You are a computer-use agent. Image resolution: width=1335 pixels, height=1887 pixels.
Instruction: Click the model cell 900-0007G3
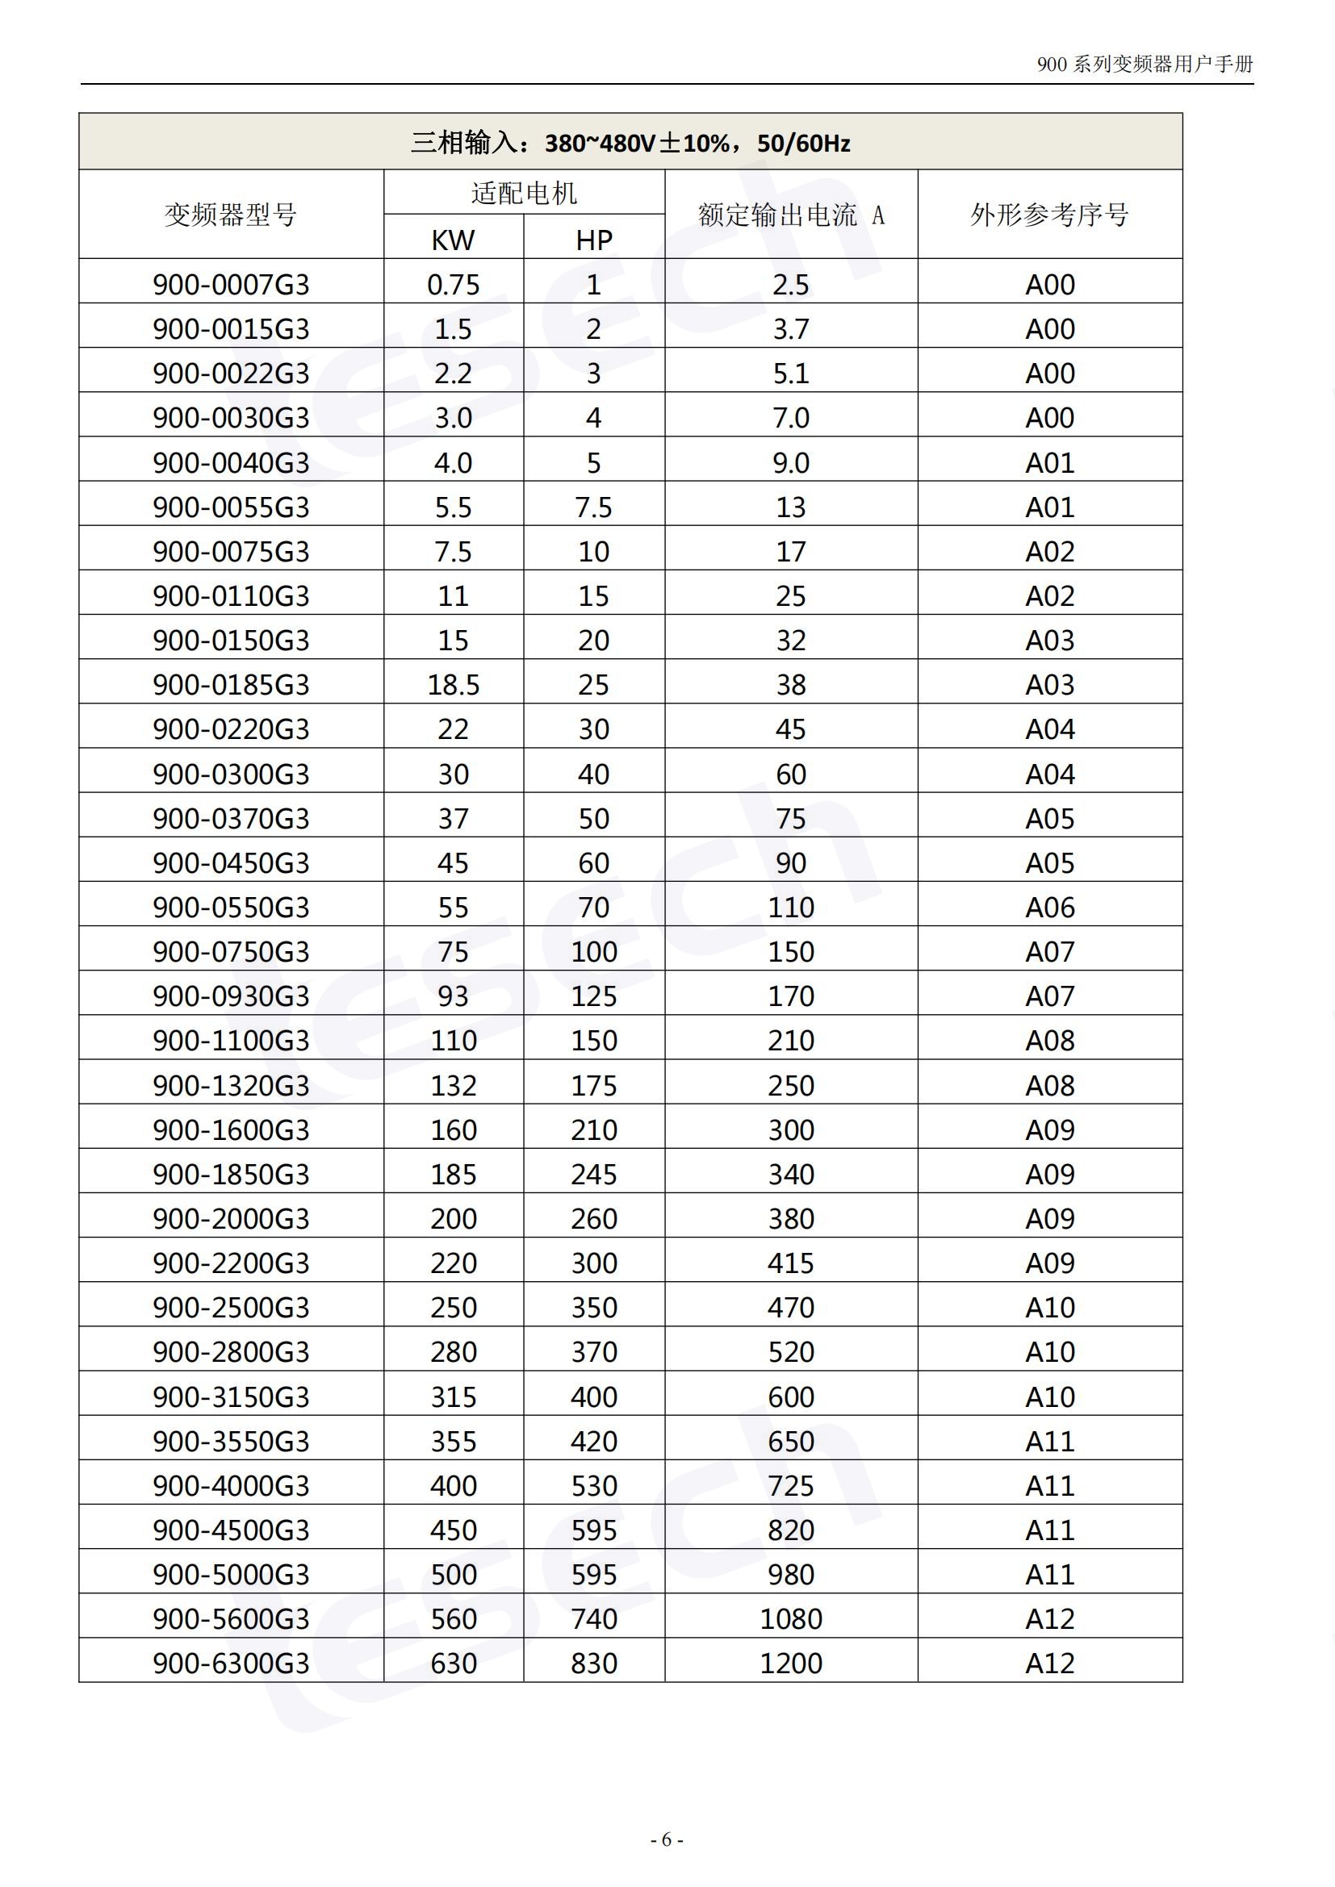(x=231, y=284)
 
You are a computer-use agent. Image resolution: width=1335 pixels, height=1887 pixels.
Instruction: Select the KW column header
(x=453, y=239)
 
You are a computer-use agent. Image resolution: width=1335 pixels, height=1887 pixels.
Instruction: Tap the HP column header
(x=593, y=239)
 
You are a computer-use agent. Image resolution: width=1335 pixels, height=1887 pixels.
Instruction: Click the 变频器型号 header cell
(x=231, y=215)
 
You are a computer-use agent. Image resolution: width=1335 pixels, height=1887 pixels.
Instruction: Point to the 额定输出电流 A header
(x=791, y=215)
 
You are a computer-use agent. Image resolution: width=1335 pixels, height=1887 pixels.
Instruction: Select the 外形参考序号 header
(x=1050, y=215)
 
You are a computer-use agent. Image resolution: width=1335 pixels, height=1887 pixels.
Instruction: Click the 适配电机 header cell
(x=524, y=193)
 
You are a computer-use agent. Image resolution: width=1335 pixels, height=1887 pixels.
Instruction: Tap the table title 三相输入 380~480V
(x=630, y=143)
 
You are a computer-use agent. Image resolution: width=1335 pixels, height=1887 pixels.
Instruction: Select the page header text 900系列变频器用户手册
(x=1145, y=64)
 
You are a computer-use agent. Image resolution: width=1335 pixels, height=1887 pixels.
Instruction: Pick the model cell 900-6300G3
(x=231, y=1663)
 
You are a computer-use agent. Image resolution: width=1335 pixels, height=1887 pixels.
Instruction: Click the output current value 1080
(x=791, y=1618)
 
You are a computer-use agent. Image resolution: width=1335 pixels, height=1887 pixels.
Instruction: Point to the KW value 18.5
(x=453, y=685)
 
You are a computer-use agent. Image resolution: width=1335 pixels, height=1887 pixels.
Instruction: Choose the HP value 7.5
(x=593, y=507)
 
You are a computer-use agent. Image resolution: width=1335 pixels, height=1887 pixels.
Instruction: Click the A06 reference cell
(x=1050, y=908)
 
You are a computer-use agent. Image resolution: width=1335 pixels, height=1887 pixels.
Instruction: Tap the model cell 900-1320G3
(x=231, y=1085)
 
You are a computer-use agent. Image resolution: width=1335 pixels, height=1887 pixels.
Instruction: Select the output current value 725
(x=791, y=1485)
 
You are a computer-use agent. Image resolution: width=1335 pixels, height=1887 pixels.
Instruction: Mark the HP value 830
(x=593, y=1663)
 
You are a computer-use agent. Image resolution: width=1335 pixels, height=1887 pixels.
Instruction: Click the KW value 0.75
(x=453, y=284)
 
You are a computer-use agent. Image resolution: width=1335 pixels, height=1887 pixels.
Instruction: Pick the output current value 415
(x=791, y=1263)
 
